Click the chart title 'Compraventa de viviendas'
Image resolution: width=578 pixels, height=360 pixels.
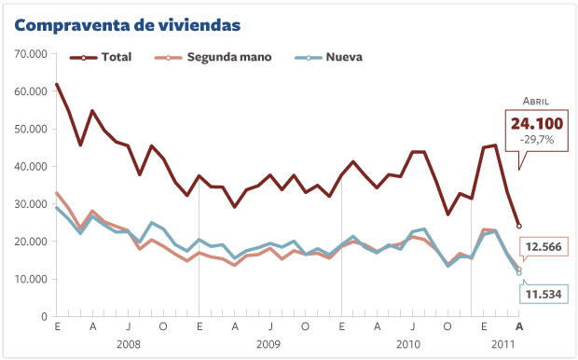tap(126, 21)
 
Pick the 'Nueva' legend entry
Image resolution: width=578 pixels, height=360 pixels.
tap(343, 57)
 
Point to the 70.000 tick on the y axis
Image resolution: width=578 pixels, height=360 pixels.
tap(31, 54)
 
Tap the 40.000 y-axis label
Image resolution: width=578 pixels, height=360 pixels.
tap(31, 167)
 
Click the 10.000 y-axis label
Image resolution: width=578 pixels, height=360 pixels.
tap(31, 279)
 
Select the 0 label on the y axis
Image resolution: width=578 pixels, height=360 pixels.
tap(43, 317)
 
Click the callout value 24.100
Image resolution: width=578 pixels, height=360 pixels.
tap(535, 123)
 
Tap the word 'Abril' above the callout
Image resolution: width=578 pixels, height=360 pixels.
tap(535, 101)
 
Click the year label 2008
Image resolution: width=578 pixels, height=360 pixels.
tap(129, 344)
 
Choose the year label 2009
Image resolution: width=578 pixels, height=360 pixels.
tap(270, 344)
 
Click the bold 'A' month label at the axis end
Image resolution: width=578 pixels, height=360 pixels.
tap(519, 327)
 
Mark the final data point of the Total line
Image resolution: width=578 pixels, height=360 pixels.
tap(519, 226)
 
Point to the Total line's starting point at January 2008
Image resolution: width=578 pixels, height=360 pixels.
tap(57, 85)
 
